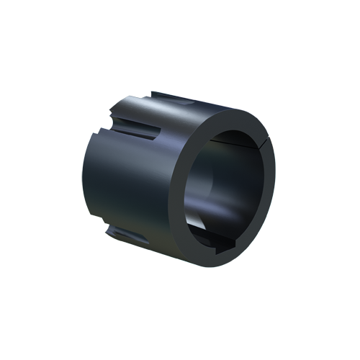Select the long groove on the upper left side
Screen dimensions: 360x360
click(137, 122)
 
